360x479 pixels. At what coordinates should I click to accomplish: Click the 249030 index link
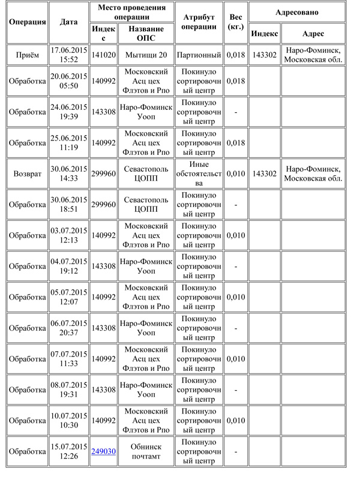point(103,451)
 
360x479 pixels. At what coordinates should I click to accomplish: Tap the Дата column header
point(68,22)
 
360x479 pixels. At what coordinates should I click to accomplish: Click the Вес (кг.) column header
point(236,22)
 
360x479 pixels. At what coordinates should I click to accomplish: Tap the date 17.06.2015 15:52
point(68,55)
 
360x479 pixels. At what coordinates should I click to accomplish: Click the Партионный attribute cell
point(200,55)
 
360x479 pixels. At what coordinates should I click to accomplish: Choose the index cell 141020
point(103,55)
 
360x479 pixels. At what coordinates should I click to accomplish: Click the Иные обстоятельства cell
point(200,173)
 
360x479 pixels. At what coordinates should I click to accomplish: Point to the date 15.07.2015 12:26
point(68,451)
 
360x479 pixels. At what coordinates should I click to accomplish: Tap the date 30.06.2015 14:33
point(68,173)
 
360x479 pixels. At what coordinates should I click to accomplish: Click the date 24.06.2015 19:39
point(68,112)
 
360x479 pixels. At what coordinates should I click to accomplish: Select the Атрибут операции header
point(200,22)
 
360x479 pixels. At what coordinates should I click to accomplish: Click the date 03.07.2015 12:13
point(68,235)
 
